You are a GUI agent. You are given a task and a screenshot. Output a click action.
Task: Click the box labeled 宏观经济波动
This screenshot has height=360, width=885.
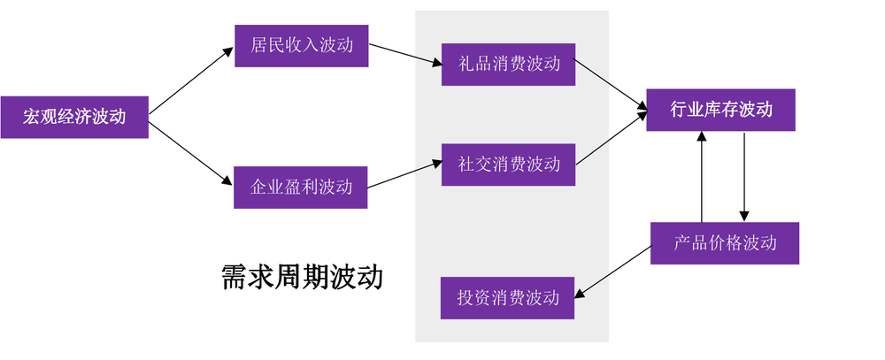point(74,117)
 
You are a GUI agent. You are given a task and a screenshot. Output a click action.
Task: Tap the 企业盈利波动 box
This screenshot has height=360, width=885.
point(301,187)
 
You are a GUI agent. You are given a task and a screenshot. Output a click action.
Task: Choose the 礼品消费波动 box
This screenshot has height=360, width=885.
point(509,65)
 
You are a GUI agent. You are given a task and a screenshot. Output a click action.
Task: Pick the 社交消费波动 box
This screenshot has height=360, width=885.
point(509,165)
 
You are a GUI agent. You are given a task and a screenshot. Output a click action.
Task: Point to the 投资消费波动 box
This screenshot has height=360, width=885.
point(509,297)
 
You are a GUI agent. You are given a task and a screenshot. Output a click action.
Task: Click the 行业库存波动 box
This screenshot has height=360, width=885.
point(720,110)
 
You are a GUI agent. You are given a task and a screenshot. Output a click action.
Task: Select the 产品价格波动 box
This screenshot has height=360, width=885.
point(725,242)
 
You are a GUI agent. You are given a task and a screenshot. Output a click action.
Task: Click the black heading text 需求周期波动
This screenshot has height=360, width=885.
point(302,277)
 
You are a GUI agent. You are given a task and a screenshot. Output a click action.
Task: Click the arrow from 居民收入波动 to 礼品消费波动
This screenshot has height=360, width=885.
point(404,56)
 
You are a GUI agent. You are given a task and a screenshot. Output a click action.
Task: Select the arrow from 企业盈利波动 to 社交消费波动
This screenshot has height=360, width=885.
point(404,175)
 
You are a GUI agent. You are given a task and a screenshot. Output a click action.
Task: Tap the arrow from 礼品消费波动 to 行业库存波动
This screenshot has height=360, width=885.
point(612,88)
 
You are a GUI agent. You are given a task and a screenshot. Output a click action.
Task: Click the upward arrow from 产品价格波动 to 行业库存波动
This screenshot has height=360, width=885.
point(702,177)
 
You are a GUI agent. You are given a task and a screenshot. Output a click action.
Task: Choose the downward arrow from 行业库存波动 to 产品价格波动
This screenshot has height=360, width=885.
point(744,177)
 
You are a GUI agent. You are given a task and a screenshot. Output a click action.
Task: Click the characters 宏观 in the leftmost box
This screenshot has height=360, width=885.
point(41,117)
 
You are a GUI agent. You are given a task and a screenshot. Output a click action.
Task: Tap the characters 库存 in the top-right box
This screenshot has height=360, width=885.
point(721,110)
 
